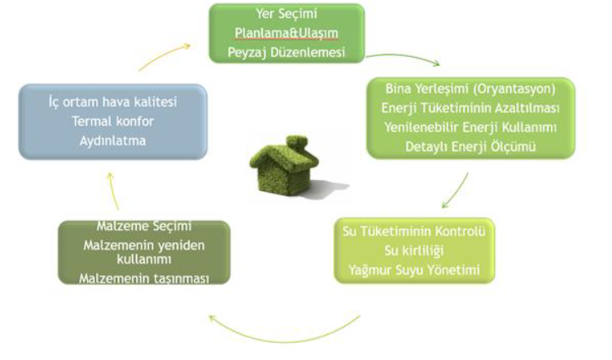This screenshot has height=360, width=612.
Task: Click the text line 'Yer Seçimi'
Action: click(x=286, y=14)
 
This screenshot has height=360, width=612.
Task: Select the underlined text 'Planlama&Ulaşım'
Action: click(x=286, y=33)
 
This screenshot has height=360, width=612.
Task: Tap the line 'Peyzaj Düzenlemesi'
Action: click(x=286, y=52)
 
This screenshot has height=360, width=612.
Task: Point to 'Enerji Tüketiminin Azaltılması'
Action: click(x=470, y=108)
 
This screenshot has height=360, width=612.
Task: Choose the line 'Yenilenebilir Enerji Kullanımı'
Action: click(x=470, y=128)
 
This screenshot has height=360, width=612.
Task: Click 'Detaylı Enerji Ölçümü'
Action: click(x=470, y=147)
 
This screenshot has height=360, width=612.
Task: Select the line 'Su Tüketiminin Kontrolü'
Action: click(x=414, y=231)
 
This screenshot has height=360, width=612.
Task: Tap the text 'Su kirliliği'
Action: click(x=414, y=251)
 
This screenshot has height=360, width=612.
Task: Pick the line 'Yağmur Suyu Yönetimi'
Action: click(x=414, y=270)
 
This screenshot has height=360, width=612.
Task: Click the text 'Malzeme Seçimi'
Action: click(x=144, y=226)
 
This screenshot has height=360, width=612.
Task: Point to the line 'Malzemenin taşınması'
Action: click(x=144, y=279)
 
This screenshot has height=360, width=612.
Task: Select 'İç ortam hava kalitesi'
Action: click(x=113, y=102)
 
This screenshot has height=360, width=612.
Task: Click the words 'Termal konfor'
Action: click(x=113, y=121)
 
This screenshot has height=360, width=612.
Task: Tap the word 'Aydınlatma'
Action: click(x=113, y=141)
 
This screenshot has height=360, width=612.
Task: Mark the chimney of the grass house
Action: click(x=297, y=143)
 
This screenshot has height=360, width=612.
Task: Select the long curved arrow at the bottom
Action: click(x=285, y=339)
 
